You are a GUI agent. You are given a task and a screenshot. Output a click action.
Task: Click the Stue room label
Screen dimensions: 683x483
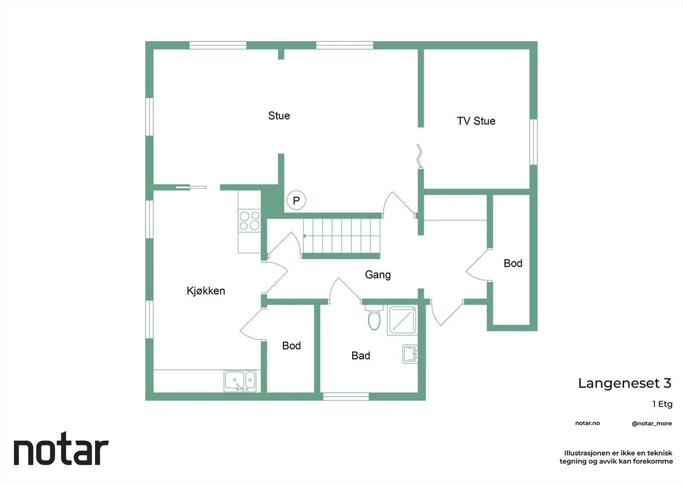[279, 116]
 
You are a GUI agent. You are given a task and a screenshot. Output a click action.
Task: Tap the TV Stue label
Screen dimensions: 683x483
[476, 121]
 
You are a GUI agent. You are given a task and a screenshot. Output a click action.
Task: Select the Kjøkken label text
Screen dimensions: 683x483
[206, 291]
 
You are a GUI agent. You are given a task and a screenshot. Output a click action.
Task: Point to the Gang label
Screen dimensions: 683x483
[378, 275]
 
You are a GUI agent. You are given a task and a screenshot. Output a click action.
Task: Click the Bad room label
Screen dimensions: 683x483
[361, 355]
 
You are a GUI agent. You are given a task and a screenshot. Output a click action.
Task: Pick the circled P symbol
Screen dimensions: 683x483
[296, 200]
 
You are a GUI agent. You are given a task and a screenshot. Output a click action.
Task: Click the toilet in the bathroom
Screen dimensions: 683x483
[374, 317]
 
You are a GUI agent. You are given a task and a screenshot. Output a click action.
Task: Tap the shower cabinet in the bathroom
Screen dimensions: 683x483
[403, 320]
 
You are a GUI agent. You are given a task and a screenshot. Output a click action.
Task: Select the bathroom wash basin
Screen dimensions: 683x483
[410, 354]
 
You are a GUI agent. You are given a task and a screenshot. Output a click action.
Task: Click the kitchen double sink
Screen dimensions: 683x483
[240, 381]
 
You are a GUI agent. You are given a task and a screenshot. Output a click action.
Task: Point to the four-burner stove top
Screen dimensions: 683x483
[249, 221]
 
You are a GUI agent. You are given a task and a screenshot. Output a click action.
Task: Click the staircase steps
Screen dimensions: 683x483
[341, 236]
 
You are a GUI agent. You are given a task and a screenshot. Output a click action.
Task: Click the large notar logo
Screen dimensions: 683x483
[61, 448]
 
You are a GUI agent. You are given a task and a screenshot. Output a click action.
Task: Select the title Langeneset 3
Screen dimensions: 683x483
[625, 383]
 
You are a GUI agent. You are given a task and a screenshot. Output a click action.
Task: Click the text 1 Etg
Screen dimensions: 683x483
[662, 404]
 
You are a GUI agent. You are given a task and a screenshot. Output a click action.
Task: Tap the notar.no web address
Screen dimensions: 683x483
[587, 423]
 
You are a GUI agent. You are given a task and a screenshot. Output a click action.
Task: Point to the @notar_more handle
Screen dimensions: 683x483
[652, 424]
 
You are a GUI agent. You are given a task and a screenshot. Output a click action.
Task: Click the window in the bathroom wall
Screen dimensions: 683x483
[346, 397]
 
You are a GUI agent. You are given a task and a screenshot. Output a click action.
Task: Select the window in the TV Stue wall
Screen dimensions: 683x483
[533, 142]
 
